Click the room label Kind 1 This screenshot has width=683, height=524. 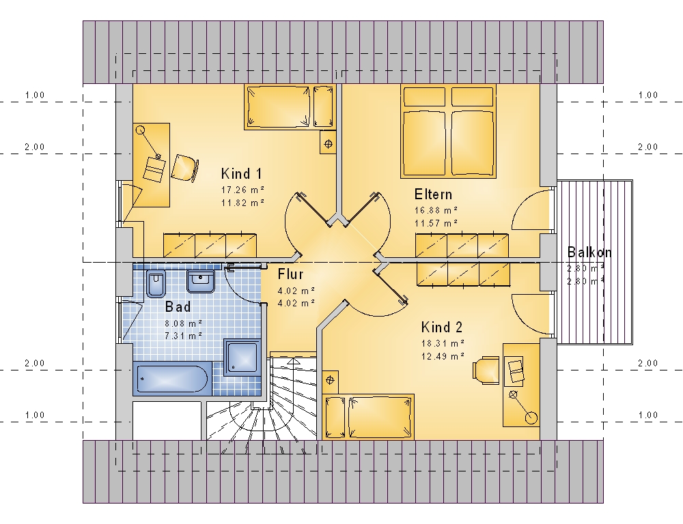point(241,174)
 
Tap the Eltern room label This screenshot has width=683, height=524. point(433,194)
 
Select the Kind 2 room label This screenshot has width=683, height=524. point(442,327)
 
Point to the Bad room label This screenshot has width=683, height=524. point(178,307)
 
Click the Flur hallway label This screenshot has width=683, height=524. point(290,274)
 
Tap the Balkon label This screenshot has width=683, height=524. point(589,252)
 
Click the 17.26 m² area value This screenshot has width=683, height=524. point(243,190)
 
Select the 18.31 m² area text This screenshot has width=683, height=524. point(443,343)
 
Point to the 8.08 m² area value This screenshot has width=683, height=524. point(183,323)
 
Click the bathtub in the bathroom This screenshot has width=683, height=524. point(172,379)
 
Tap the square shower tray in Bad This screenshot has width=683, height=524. point(242,358)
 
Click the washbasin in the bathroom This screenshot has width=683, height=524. point(201,282)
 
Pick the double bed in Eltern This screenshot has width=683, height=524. point(448,131)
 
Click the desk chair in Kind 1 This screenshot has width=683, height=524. point(184,168)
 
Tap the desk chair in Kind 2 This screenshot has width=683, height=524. point(486,370)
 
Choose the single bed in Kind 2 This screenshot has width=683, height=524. point(368,417)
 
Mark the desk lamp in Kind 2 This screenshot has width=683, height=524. point(522,407)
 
